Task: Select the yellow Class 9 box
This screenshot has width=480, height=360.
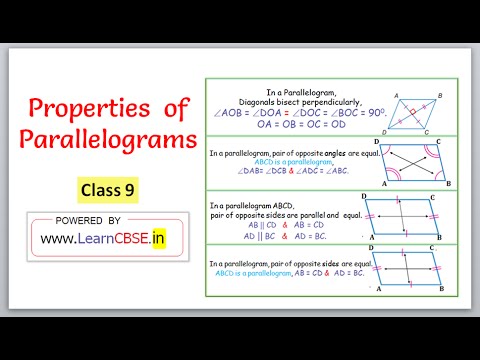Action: click(x=108, y=186)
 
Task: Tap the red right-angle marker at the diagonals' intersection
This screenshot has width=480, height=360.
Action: click(x=410, y=113)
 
